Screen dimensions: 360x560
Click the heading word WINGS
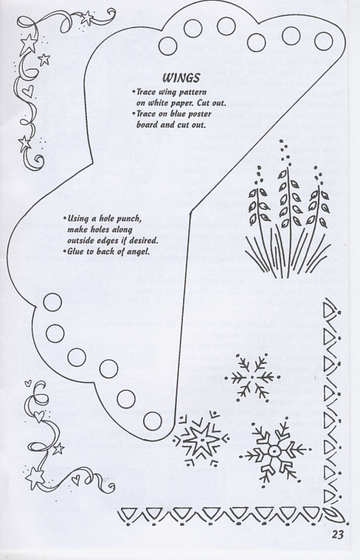(181, 77)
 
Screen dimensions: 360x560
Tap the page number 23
(337, 534)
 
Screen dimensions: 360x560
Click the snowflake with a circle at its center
(274, 452)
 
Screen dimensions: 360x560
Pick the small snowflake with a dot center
(253, 377)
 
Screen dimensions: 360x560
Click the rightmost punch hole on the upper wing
(323, 41)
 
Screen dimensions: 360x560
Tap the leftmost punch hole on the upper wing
(168, 45)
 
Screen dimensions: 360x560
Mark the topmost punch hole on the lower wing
(52, 302)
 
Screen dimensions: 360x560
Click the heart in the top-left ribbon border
(29, 91)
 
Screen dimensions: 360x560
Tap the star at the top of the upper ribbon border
(87, 17)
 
